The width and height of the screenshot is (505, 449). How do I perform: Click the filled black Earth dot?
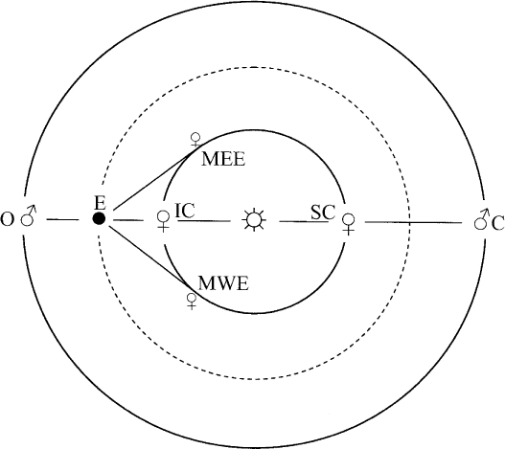click(99, 219)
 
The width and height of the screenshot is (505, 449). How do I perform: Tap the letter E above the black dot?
click(101, 203)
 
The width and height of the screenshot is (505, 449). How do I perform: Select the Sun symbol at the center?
click(255, 220)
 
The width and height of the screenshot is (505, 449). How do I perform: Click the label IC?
click(185, 211)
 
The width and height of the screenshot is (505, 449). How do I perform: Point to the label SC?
click(323, 213)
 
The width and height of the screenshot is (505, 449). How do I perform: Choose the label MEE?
click(223, 159)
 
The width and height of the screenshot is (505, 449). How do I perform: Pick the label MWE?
click(223, 283)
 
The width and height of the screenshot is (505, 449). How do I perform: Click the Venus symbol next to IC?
click(163, 221)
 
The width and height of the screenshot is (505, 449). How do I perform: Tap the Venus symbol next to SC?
click(348, 224)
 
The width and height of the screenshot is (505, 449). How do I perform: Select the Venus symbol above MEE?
click(195, 140)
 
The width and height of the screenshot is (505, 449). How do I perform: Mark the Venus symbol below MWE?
click(192, 302)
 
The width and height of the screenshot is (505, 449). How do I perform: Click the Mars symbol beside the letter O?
click(29, 215)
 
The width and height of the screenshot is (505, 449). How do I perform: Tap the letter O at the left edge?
click(8, 220)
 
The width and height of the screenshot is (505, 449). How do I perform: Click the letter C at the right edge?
click(498, 224)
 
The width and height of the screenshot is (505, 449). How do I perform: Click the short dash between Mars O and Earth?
click(62, 220)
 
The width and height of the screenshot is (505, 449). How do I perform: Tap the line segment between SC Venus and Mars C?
click(413, 222)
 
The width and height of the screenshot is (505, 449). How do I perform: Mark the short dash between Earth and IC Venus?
click(128, 220)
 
